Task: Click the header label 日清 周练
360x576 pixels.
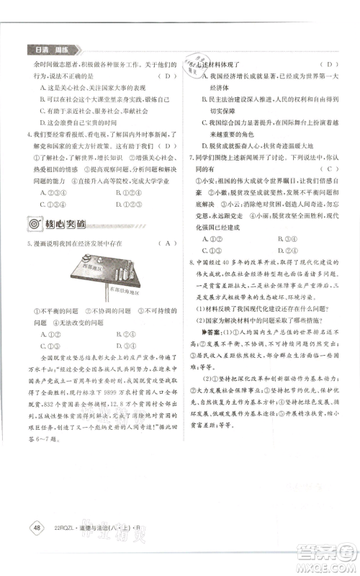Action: pos(56,49)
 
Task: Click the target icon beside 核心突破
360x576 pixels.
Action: pos(34,224)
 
